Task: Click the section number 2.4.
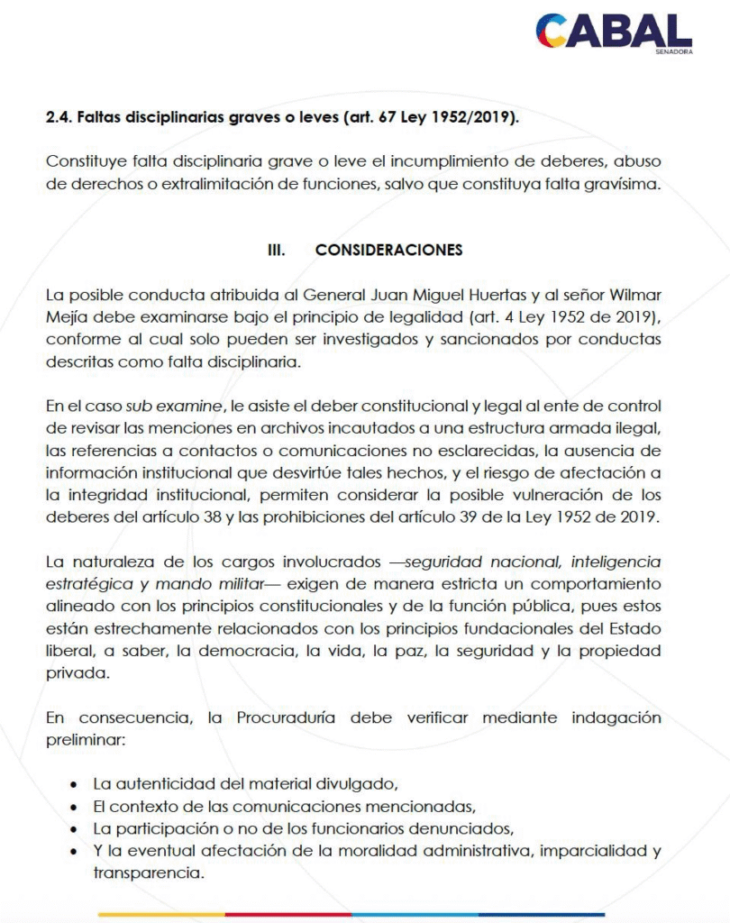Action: pyautogui.click(x=60, y=118)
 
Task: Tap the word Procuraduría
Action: pyautogui.click(x=288, y=718)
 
